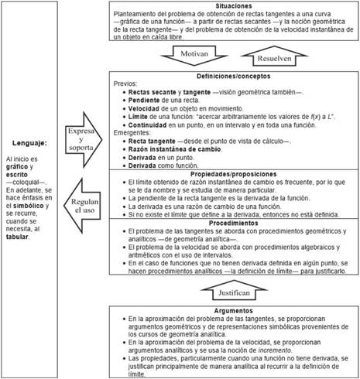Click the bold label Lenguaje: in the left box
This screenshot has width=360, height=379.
pos(29,142)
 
